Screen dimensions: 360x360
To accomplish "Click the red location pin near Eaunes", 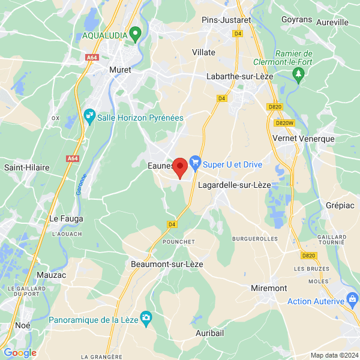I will (180, 167).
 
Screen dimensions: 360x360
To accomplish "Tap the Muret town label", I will (119, 70).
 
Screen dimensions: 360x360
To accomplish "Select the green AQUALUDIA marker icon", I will (136, 34).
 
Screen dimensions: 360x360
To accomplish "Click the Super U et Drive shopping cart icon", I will (194, 161).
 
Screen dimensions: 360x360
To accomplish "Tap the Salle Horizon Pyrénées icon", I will (89, 115).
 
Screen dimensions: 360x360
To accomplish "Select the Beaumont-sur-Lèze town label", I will (167, 264).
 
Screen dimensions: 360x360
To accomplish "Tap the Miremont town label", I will (268, 288).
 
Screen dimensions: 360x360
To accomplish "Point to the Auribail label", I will (209, 332).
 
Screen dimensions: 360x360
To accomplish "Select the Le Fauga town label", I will (66, 218).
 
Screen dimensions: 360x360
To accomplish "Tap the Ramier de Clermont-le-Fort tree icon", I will (298, 74).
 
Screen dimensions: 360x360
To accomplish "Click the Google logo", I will (20, 353).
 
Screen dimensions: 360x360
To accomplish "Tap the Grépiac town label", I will (340, 205).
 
